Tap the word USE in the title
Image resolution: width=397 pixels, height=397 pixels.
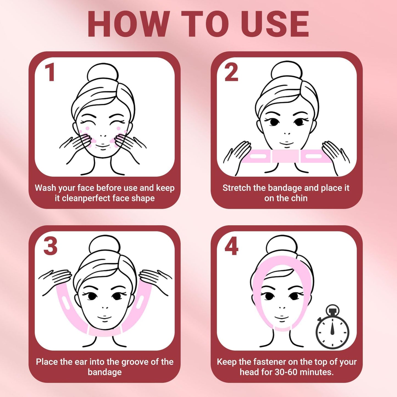pyautogui.click(x=274, y=24)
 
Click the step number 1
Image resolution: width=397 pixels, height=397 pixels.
pyautogui.click(x=50, y=72)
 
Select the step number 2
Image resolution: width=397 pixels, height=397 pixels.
pyautogui.click(x=231, y=72)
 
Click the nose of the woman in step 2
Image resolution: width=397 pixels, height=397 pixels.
pyautogui.click(x=287, y=134)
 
